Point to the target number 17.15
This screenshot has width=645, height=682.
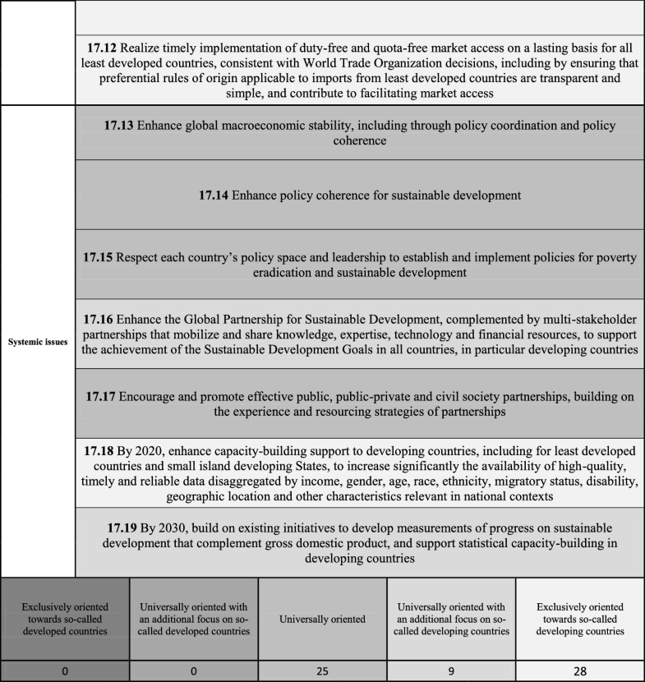102,257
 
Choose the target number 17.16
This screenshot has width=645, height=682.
101,317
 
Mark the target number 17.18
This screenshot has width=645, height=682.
101,450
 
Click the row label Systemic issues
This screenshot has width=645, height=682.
38,341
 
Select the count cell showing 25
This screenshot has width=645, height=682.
322,670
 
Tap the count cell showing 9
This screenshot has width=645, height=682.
451,670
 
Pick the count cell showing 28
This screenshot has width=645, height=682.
580,670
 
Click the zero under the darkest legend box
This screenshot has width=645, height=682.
65,670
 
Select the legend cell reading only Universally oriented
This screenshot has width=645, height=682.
322,619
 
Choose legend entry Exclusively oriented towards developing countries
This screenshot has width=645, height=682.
580,619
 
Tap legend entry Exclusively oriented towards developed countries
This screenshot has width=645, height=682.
65,619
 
